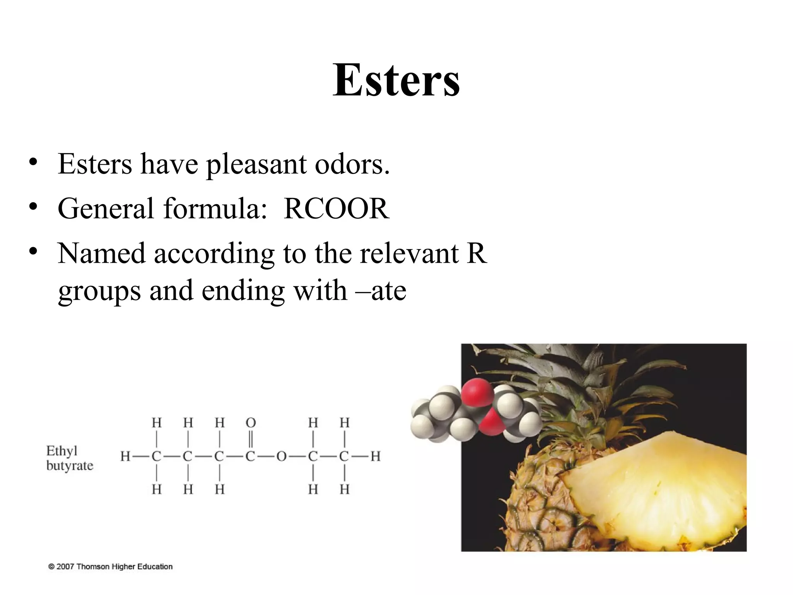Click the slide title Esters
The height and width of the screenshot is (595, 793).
396,80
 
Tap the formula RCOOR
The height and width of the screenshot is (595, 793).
336,209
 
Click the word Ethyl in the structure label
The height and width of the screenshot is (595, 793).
62,451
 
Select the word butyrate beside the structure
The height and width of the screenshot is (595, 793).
70,465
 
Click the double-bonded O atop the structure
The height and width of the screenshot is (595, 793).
251,422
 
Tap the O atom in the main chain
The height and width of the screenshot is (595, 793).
281,456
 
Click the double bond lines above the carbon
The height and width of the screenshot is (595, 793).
251,439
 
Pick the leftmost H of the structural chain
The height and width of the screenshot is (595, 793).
125,456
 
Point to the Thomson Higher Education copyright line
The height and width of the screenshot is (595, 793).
110,567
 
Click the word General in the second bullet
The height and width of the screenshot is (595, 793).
105,209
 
